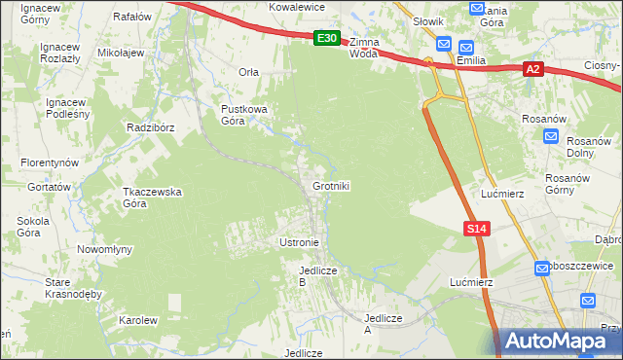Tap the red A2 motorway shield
[x=532, y=69]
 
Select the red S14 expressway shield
[x=475, y=228]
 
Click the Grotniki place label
[x=331, y=186]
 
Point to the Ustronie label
[x=299, y=241]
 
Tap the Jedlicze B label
[x=317, y=275]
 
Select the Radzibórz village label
[x=150, y=127]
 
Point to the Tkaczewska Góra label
[x=152, y=198]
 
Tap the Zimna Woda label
[x=364, y=49]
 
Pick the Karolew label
[x=137, y=320]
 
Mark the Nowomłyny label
[x=104, y=249]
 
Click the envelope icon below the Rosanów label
[x=551, y=137]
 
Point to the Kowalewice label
[x=296, y=6]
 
